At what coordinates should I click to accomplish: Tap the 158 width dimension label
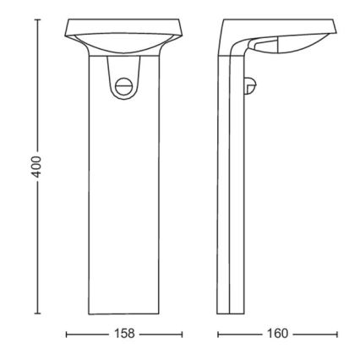coord(124,334)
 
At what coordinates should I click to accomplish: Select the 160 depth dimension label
coord(277,334)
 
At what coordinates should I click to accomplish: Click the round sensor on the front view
coord(124,85)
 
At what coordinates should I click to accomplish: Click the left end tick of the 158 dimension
coord(66,334)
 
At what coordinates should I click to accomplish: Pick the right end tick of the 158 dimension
coord(183,334)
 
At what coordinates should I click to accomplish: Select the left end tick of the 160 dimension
coord(218,334)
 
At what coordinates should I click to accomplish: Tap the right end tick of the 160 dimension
coord(336,334)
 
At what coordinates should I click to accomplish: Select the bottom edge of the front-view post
coord(124,313)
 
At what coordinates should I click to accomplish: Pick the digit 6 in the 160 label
coord(277,334)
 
